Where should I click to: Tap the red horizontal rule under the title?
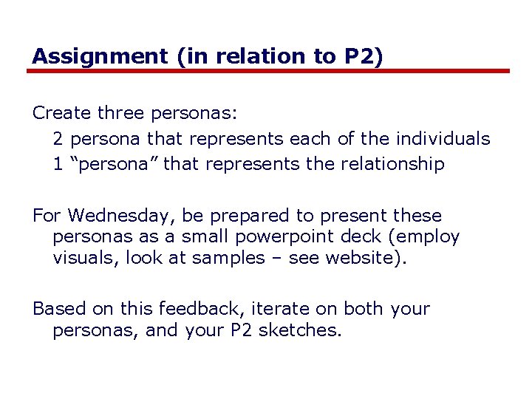pos(269,71)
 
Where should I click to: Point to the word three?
pos(121,113)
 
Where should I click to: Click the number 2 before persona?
pos(58,138)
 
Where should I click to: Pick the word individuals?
pos(443,138)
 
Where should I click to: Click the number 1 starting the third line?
pos(58,163)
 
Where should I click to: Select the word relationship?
pos(392,163)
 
